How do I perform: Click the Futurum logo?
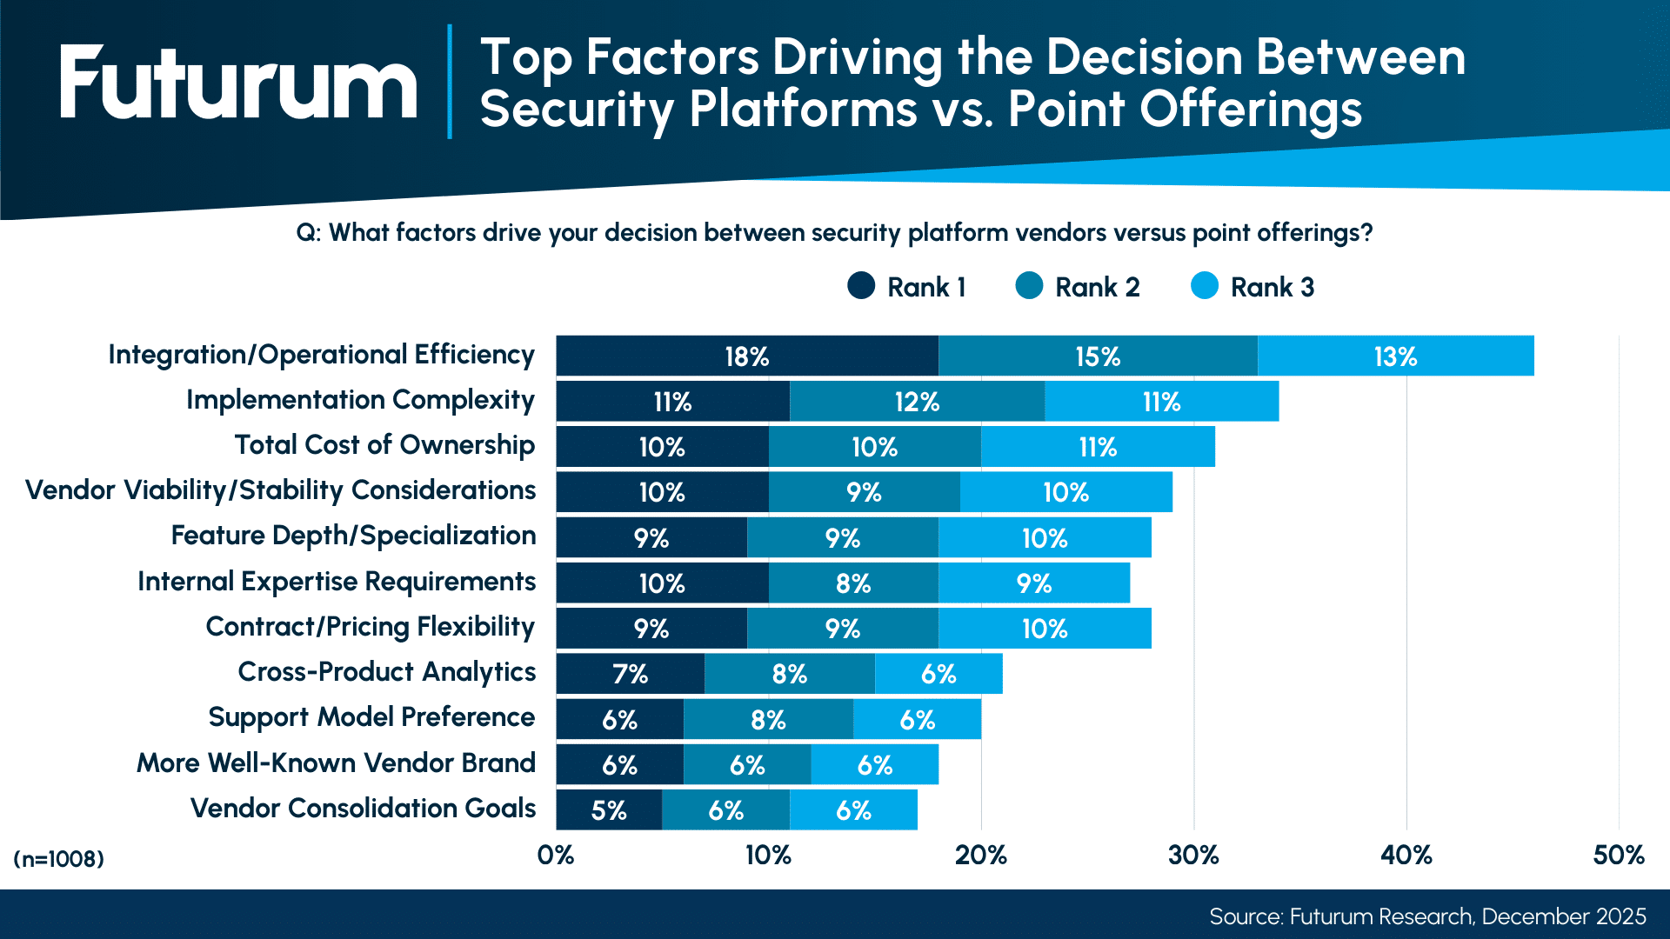tap(238, 82)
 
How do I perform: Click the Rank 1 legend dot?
tap(861, 286)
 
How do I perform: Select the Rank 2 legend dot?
tap(1029, 286)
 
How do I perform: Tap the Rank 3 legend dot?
tap(1205, 286)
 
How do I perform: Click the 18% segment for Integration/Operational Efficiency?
tap(747, 356)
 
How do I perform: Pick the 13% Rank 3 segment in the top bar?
tap(1396, 356)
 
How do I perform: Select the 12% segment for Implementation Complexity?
tap(917, 401)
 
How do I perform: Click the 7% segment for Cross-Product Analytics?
tap(631, 674)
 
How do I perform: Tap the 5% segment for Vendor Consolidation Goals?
tap(609, 809)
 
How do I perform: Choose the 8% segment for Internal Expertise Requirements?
tap(853, 583)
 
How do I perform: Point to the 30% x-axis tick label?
tap(1193, 856)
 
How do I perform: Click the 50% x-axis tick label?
tap(1619, 856)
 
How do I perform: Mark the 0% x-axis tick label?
tap(556, 856)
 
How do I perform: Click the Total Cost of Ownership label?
tap(384, 445)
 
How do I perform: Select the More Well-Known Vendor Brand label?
tap(336, 763)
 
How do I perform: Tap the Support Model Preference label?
tap(371, 717)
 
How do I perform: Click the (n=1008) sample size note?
tap(58, 859)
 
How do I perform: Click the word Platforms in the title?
tap(803, 110)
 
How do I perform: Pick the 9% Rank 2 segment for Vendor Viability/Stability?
tap(864, 491)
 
